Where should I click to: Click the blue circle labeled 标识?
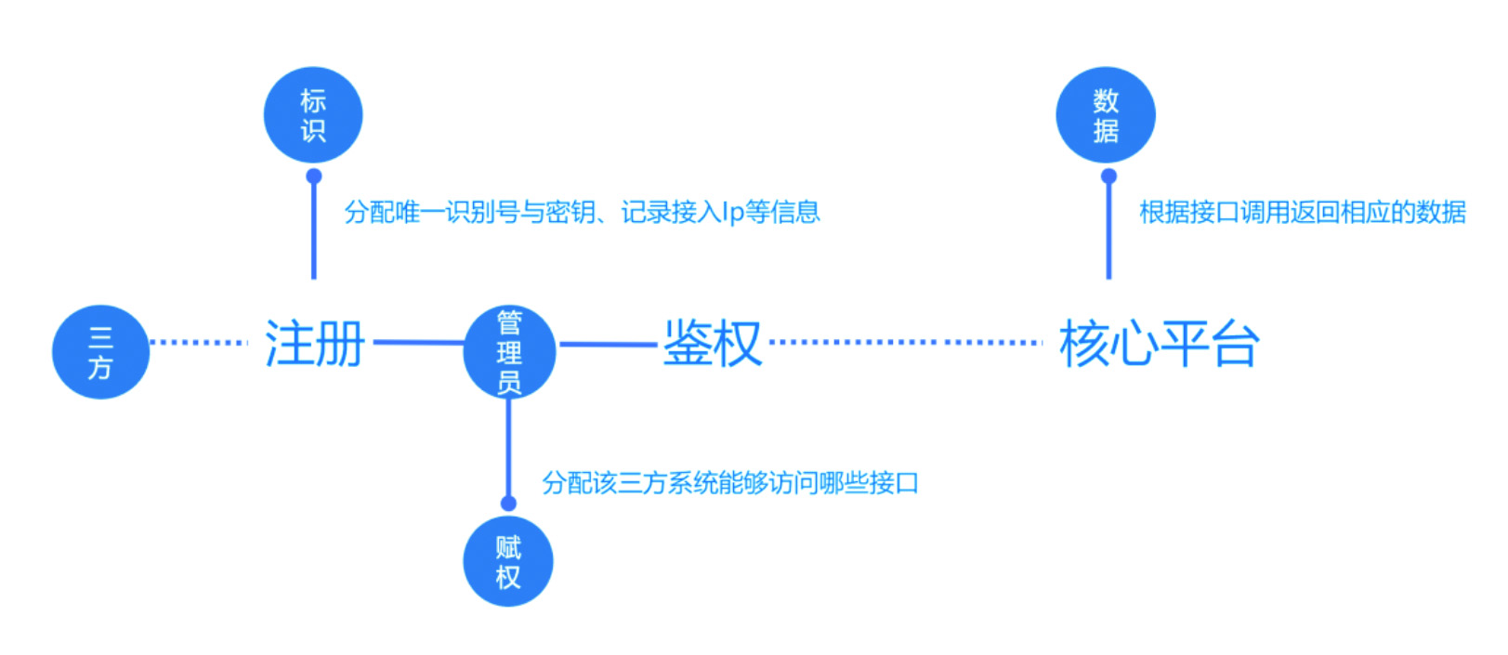313,115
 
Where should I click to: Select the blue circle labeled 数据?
1106,115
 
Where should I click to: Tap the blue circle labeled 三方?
100,352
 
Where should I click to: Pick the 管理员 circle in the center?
509,352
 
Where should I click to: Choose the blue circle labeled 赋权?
508,562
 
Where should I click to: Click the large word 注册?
315,344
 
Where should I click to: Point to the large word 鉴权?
712,344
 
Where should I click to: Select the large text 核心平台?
1159,344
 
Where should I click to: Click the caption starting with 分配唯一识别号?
582,212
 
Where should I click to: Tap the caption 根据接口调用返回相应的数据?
1302,212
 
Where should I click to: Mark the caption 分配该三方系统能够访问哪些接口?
730,483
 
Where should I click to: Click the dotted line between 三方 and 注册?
199,342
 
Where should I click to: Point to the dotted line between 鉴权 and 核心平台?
906,342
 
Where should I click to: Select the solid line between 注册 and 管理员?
418,343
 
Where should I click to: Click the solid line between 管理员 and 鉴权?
609,345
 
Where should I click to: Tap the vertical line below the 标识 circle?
314,232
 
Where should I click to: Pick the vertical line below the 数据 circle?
1108,232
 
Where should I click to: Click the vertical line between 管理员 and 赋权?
508,451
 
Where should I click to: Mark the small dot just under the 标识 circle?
314,176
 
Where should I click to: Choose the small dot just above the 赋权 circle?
508,504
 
